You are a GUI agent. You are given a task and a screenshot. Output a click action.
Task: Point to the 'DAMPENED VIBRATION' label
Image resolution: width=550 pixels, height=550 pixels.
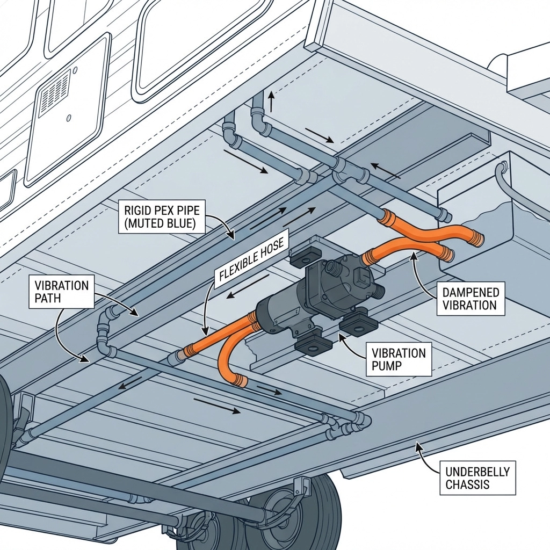471,299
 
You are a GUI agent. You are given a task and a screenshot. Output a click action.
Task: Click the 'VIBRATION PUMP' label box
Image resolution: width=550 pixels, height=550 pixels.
399,360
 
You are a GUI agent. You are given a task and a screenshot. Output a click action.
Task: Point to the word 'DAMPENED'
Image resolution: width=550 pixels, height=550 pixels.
471,293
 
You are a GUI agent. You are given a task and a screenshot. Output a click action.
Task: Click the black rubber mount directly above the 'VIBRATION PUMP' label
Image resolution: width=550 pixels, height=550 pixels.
358,324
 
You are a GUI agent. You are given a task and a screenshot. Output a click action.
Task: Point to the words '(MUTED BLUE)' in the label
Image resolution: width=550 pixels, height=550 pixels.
161,223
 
